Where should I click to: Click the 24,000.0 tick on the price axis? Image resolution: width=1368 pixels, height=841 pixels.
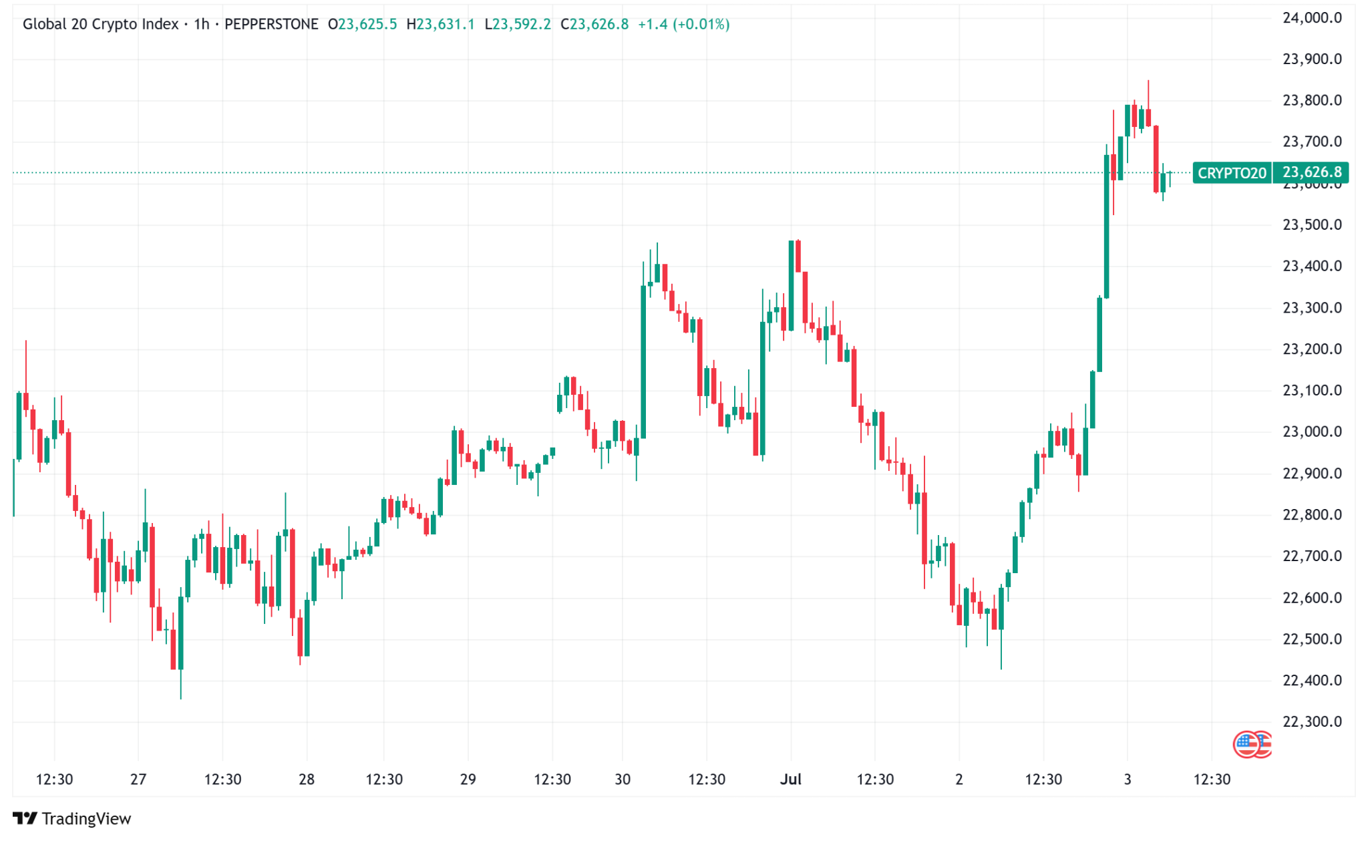click(x=1311, y=18)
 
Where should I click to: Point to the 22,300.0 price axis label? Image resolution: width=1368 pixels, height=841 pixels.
click(x=1311, y=721)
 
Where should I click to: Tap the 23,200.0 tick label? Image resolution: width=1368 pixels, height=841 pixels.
click(x=1311, y=349)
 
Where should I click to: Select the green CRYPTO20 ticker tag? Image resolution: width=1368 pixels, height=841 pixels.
click(x=1231, y=173)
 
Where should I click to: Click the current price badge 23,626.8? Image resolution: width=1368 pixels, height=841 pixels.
click(x=1311, y=172)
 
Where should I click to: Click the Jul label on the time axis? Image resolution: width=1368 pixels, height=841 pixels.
click(x=790, y=780)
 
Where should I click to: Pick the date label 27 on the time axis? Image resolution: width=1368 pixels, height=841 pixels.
click(x=138, y=780)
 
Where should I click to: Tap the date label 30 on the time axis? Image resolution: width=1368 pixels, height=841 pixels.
click(x=622, y=780)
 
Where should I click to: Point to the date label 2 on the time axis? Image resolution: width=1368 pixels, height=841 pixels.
click(x=959, y=780)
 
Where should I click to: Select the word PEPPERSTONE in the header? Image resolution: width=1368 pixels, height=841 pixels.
click(x=271, y=25)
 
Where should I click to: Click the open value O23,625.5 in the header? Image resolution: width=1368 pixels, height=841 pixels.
click(x=362, y=25)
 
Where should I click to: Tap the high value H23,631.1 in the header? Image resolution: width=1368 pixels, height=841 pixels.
click(x=440, y=25)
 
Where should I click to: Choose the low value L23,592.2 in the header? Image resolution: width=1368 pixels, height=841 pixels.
click(x=518, y=25)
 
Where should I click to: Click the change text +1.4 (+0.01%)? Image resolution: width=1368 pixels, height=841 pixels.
click(x=683, y=25)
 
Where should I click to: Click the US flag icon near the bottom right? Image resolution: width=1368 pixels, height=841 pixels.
click(x=1246, y=743)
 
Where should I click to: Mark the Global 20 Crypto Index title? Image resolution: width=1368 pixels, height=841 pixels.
click(x=100, y=25)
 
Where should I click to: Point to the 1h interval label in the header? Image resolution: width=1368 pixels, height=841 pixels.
click(x=201, y=25)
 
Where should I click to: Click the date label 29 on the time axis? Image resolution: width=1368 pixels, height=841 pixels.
click(x=468, y=780)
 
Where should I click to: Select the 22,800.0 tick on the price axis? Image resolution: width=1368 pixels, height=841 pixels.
click(x=1311, y=515)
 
